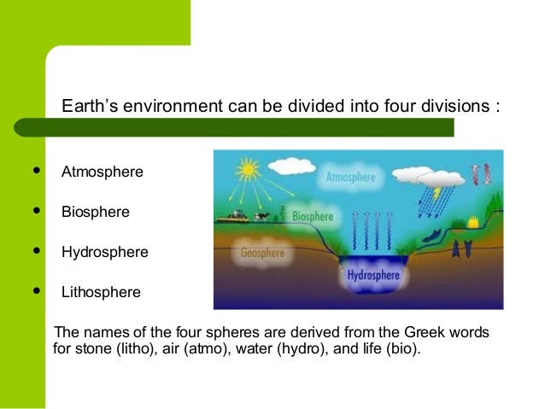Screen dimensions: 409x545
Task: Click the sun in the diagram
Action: tap(248, 170)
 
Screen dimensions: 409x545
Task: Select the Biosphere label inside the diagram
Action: tap(313, 216)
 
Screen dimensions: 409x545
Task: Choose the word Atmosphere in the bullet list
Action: tap(102, 172)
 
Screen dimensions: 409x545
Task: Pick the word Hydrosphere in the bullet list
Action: tap(104, 252)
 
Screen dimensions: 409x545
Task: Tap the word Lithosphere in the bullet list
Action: tap(101, 292)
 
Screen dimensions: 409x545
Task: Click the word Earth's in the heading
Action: tap(90, 108)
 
